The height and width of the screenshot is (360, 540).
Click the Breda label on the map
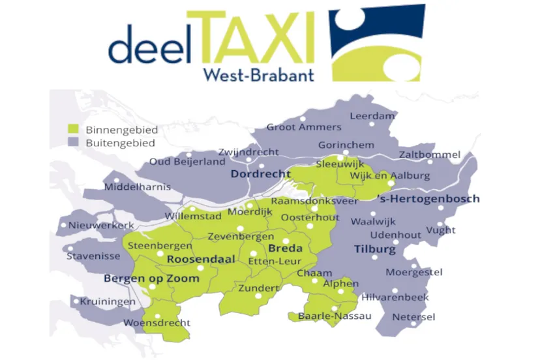click(x=285, y=248)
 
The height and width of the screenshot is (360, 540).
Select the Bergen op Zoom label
click(x=151, y=278)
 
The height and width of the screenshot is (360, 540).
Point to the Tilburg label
click(x=374, y=249)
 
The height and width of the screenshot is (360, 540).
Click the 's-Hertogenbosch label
click(x=428, y=198)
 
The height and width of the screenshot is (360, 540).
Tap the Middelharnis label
click(x=137, y=187)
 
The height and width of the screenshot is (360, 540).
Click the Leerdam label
click(x=372, y=116)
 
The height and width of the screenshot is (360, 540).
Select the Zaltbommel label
click(x=430, y=155)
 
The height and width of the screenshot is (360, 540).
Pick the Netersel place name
click(x=413, y=317)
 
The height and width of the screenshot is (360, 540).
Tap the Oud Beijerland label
click(x=187, y=162)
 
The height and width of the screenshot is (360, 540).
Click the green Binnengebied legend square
click(x=74, y=129)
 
